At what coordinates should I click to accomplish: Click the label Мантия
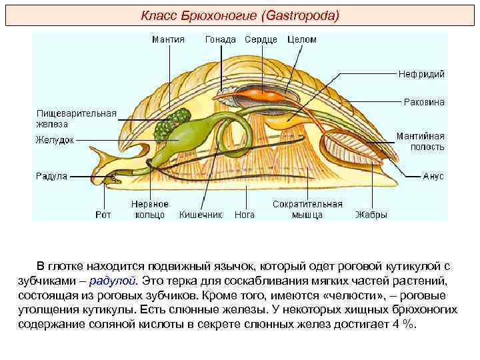click(168, 39)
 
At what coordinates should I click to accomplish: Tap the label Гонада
click(220, 39)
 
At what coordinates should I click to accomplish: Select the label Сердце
click(261, 39)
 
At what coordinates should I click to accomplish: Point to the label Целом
click(302, 39)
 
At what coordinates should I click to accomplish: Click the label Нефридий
click(421, 74)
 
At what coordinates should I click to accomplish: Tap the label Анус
click(433, 177)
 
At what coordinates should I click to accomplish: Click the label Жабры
click(371, 215)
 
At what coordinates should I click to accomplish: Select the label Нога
click(245, 215)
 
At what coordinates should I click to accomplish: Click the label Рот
click(103, 215)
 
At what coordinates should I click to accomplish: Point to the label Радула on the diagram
click(51, 177)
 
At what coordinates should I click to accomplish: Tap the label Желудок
click(55, 140)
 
